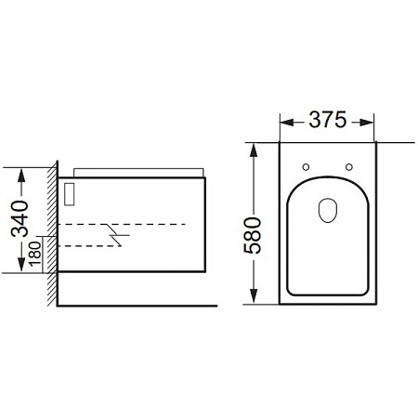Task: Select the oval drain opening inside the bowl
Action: [x=327, y=212]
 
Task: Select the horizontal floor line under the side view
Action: [x=139, y=304]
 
